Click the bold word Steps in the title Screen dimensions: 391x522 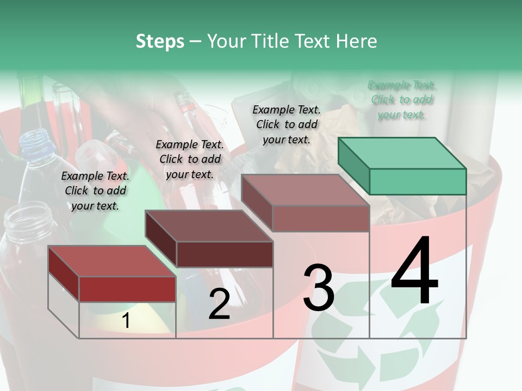click(160, 41)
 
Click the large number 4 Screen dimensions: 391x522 click(414, 272)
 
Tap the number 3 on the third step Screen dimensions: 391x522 click(319, 287)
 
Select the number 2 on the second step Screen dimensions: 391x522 click(219, 304)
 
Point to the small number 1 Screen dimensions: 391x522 click(126, 321)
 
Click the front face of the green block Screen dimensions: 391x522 click(418, 181)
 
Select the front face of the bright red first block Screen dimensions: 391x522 click(127, 289)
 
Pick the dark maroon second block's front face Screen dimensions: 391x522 click(225, 254)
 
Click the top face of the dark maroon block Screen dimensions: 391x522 click(209, 225)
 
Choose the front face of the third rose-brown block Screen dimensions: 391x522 click(321, 218)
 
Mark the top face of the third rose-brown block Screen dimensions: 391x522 click(305, 190)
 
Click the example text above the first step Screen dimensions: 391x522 click(95, 191)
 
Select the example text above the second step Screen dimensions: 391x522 click(190, 159)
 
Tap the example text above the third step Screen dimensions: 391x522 click(287, 124)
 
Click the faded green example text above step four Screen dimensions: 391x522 click(402, 99)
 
